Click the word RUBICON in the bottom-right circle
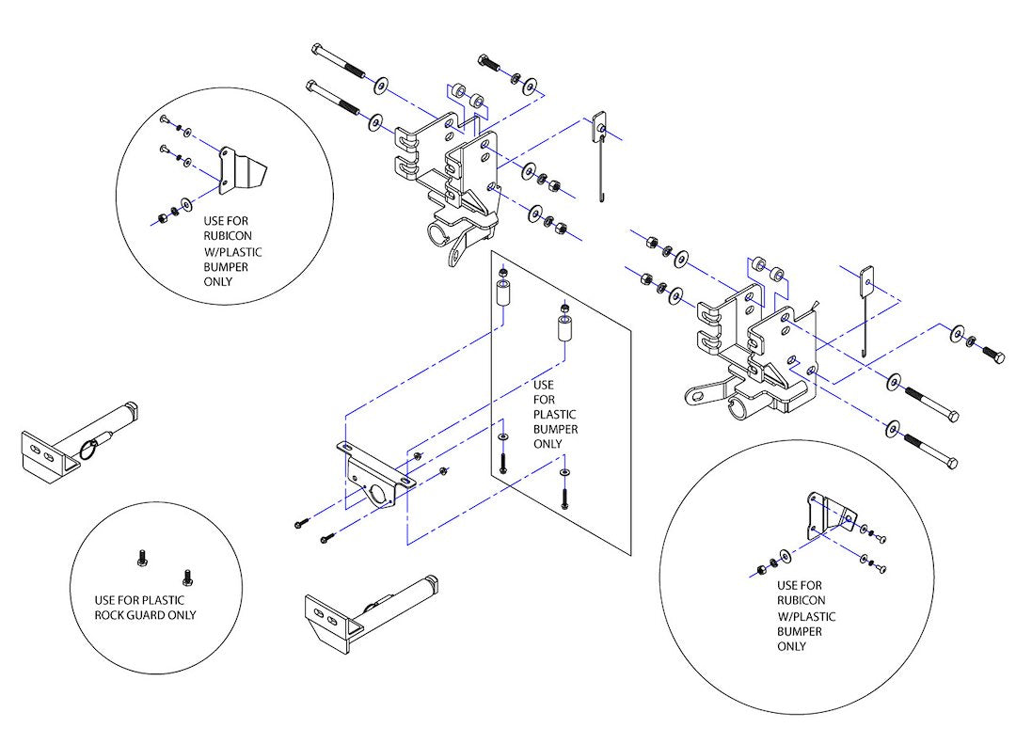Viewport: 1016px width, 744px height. pos(802,600)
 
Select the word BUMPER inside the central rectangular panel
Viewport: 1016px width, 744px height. pos(555,430)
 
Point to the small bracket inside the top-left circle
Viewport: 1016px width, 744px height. pos(240,172)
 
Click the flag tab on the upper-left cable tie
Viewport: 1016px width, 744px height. pos(597,126)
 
